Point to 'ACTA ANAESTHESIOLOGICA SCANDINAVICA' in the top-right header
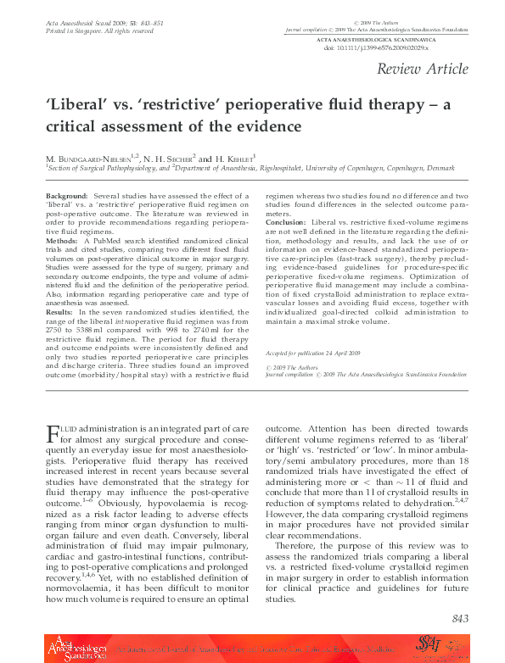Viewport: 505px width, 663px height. pyautogui.click(x=389, y=40)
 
